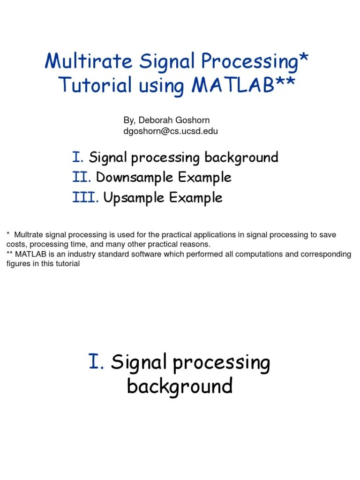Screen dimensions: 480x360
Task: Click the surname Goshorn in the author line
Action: (x=191, y=120)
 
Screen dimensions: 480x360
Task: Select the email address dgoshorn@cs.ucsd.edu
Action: (x=171, y=131)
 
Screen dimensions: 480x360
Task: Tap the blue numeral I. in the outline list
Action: (x=78, y=157)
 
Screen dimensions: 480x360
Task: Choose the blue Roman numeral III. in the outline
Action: (x=85, y=197)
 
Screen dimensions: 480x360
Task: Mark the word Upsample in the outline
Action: (x=134, y=198)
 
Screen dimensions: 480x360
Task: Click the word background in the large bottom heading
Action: (x=180, y=386)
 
